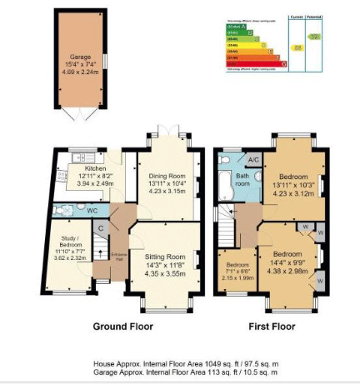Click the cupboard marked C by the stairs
100,227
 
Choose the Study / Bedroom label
68,238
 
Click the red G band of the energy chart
253,64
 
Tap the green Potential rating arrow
315,37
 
